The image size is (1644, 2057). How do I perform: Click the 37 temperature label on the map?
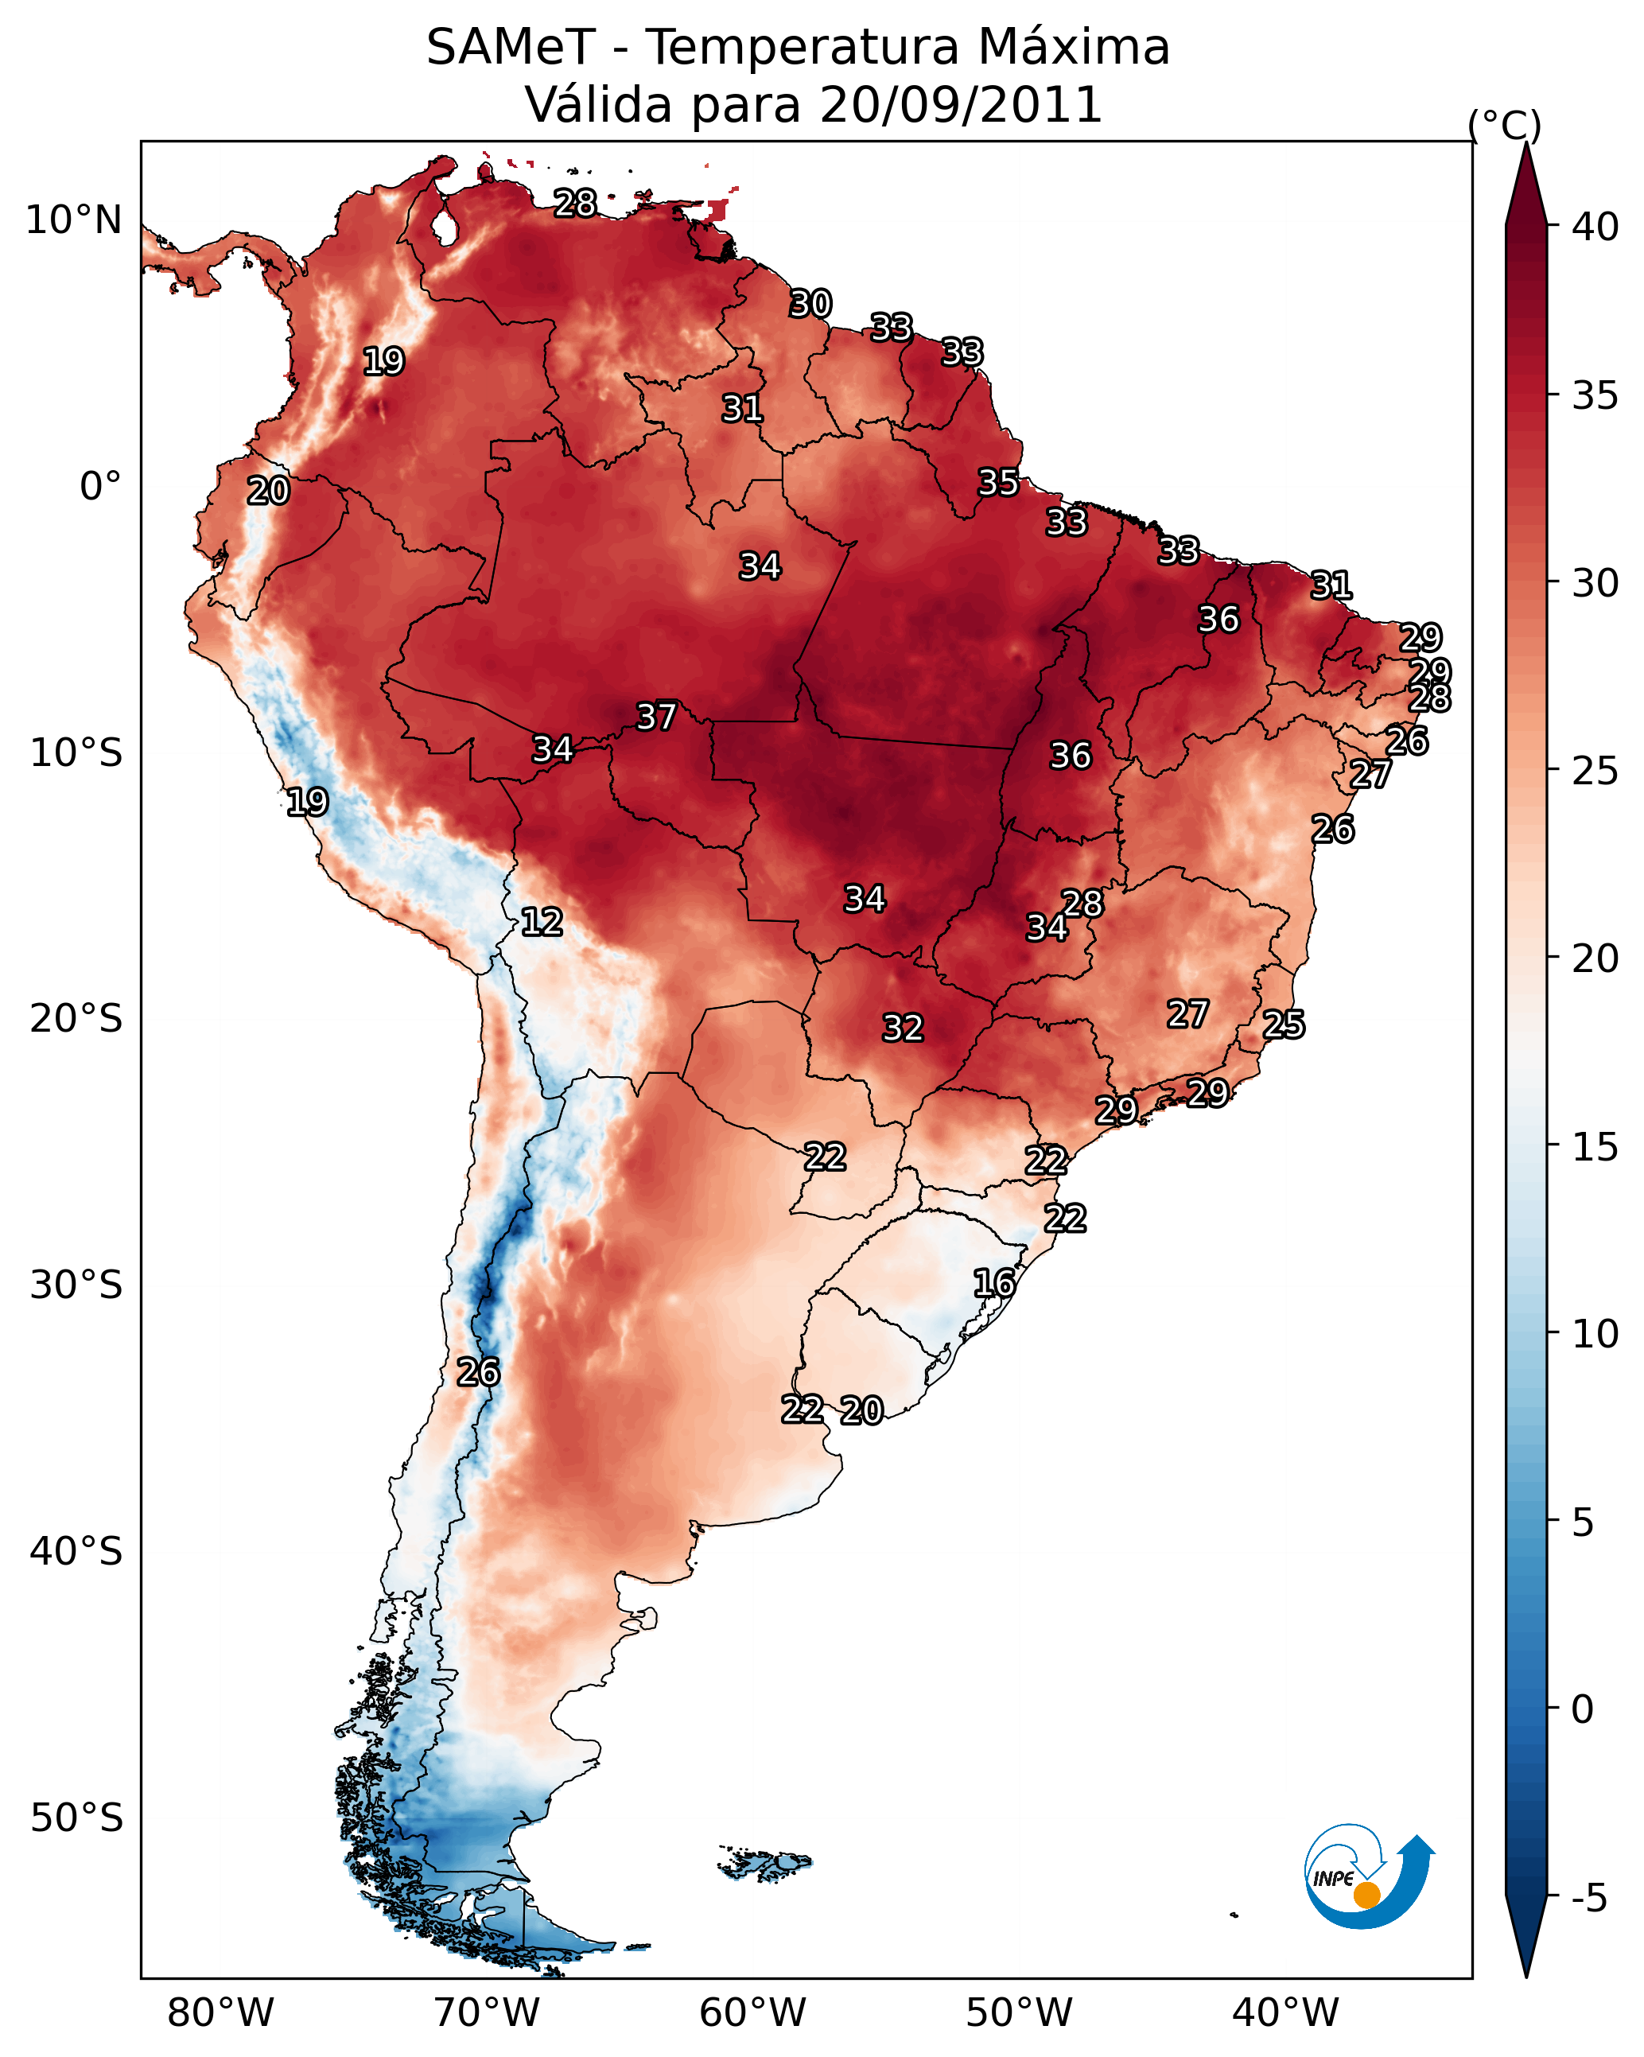point(656,717)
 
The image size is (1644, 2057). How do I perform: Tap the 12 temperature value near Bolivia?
point(542,922)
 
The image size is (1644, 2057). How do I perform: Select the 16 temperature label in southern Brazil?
point(994,1283)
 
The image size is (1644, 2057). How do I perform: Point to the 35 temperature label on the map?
point(999,483)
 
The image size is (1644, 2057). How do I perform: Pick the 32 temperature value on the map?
point(903,1028)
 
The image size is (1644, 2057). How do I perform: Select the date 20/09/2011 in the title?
point(960,105)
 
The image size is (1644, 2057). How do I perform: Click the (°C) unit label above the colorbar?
point(1505,125)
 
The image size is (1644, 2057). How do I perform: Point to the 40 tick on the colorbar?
point(1595,227)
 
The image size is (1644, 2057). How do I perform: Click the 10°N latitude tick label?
point(73,220)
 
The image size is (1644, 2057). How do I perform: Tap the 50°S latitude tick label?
point(76,1818)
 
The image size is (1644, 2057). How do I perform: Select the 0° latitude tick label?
point(100,487)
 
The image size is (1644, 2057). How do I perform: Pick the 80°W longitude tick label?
point(220,2013)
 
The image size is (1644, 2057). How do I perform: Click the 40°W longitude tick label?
point(1285,2013)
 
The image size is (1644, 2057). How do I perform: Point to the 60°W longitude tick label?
point(753,2013)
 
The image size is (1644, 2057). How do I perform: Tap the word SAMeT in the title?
point(511,48)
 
